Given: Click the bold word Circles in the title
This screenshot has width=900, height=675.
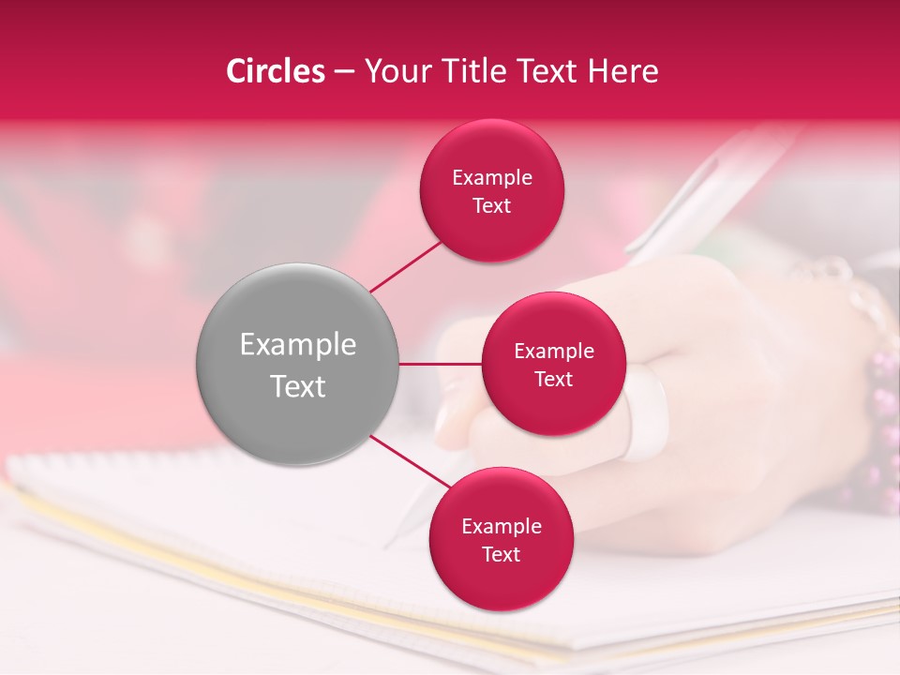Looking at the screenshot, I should [275, 71].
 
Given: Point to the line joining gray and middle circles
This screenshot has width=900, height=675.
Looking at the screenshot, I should [440, 364].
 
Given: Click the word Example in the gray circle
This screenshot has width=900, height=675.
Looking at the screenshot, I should [297, 345].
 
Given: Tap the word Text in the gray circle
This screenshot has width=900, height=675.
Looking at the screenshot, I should [297, 386].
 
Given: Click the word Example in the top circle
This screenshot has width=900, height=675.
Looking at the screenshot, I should [492, 177].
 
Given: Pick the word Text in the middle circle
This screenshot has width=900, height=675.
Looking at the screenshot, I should [553, 379].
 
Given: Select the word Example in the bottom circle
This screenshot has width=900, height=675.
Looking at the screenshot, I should [501, 526].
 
